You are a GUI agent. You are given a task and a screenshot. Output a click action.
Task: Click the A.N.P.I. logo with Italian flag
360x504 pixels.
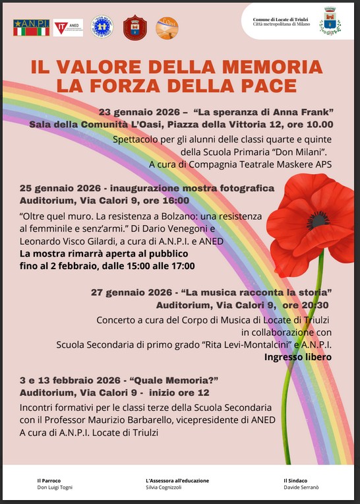click(x=31, y=27)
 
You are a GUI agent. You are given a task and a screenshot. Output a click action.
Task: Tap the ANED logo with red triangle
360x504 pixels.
click(x=68, y=27)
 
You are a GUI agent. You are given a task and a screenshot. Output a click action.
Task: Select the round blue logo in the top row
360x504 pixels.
click(x=102, y=27)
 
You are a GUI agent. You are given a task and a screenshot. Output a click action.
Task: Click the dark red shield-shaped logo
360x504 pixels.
click(x=135, y=28)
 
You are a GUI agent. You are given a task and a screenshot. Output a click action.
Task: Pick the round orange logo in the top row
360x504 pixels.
click(x=167, y=28)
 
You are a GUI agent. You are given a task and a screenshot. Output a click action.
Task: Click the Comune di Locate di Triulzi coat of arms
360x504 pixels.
click(x=329, y=22)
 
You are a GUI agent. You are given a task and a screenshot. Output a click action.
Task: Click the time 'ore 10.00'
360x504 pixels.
click(x=311, y=123)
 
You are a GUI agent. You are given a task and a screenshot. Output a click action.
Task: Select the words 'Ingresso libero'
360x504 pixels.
click(x=298, y=357)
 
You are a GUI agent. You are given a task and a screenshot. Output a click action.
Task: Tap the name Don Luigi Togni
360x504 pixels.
click(x=55, y=487)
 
